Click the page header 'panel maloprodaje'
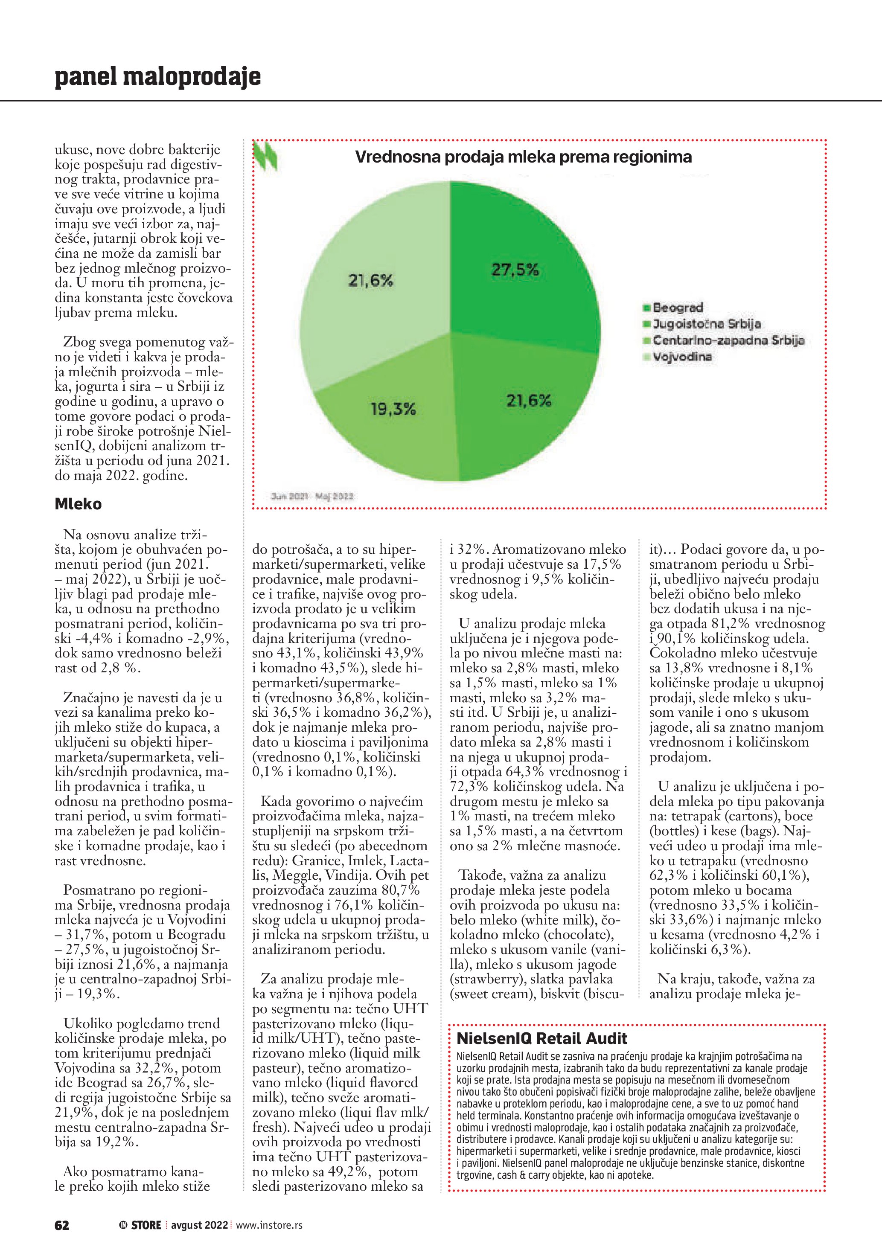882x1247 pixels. pyautogui.click(x=157, y=77)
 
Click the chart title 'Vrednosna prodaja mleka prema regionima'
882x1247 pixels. pyautogui.click(x=523, y=157)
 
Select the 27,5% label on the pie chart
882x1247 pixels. pyautogui.click(x=515, y=270)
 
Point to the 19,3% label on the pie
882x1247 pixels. pyautogui.click(x=393, y=409)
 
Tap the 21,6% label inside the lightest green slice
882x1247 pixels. pyautogui.click(x=370, y=280)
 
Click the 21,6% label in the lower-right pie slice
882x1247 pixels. pyautogui.click(x=528, y=401)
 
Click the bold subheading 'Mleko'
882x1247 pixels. pyautogui.click(x=78, y=504)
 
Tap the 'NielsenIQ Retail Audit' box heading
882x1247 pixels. pyautogui.click(x=541, y=1038)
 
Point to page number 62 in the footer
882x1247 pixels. pyautogui.click(x=62, y=1225)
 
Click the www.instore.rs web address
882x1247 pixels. pyautogui.click(x=269, y=1225)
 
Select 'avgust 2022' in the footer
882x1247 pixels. pyautogui.click(x=199, y=1225)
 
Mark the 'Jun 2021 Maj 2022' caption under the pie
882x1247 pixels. pyautogui.click(x=312, y=496)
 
